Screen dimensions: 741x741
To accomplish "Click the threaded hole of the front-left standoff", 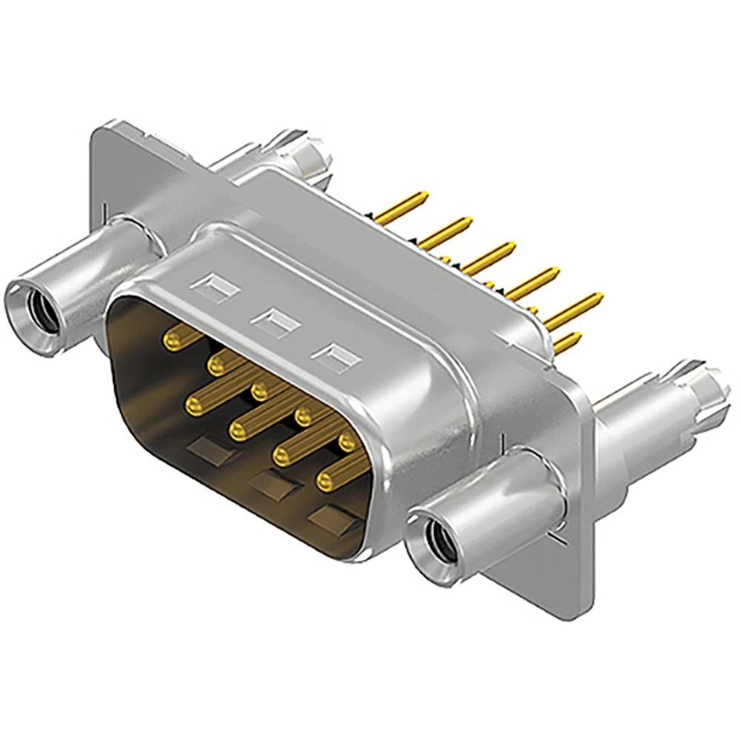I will pyautogui.click(x=33, y=303).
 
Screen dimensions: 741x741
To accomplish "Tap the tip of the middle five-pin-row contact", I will pyautogui.click(x=260, y=390).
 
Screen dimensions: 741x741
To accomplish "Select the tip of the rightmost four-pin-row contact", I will pyautogui.click(x=325, y=481).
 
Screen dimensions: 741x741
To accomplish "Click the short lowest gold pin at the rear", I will pyautogui.click(x=567, y=342).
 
